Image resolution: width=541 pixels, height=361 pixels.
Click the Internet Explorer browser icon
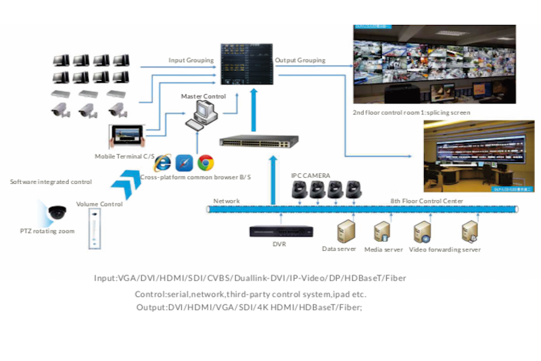click(162, 163)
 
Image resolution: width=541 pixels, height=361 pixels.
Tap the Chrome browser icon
click(206, 163)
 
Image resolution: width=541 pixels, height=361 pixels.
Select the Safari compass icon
click(184, 163)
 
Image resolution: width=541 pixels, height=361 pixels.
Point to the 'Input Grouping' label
click(191, 60)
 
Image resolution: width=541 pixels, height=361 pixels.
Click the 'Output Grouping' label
click(300, 60)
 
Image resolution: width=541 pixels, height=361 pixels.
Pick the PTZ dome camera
click(57, 212)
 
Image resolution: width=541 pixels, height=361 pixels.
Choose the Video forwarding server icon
click(423, 231)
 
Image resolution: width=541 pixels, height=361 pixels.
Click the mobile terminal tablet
click(127, 137)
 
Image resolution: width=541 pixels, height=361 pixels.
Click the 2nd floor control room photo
click(435, 65)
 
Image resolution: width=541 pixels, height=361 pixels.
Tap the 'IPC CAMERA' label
click(310, 176)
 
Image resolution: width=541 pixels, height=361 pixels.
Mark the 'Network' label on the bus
click(227, 201)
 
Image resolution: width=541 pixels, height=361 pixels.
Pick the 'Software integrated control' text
click(51, 182)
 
